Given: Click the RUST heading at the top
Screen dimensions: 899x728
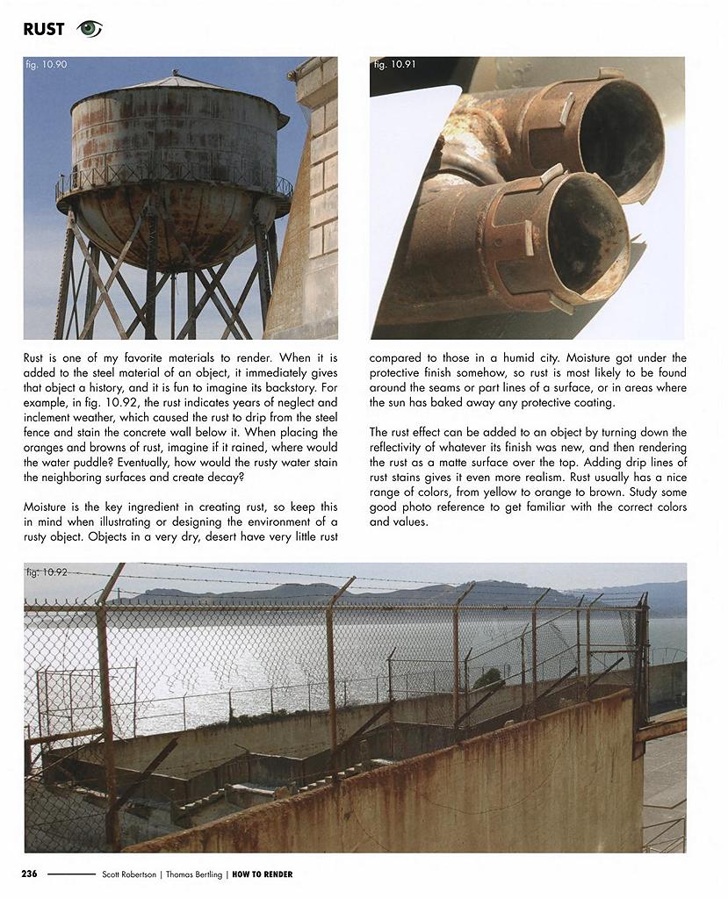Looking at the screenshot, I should tap(44, 29).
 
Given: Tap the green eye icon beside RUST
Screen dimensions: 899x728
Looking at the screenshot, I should tap(90, 29).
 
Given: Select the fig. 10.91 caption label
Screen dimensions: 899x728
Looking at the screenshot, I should tap(393, 64).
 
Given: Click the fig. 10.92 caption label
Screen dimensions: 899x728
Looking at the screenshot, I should tap(47, 572).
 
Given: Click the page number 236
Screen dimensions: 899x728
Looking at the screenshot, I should tap(29, 874).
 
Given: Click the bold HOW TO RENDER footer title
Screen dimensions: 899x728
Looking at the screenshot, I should tap(263, 874).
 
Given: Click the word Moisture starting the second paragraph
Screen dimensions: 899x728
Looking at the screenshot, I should tap(45, 507).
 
